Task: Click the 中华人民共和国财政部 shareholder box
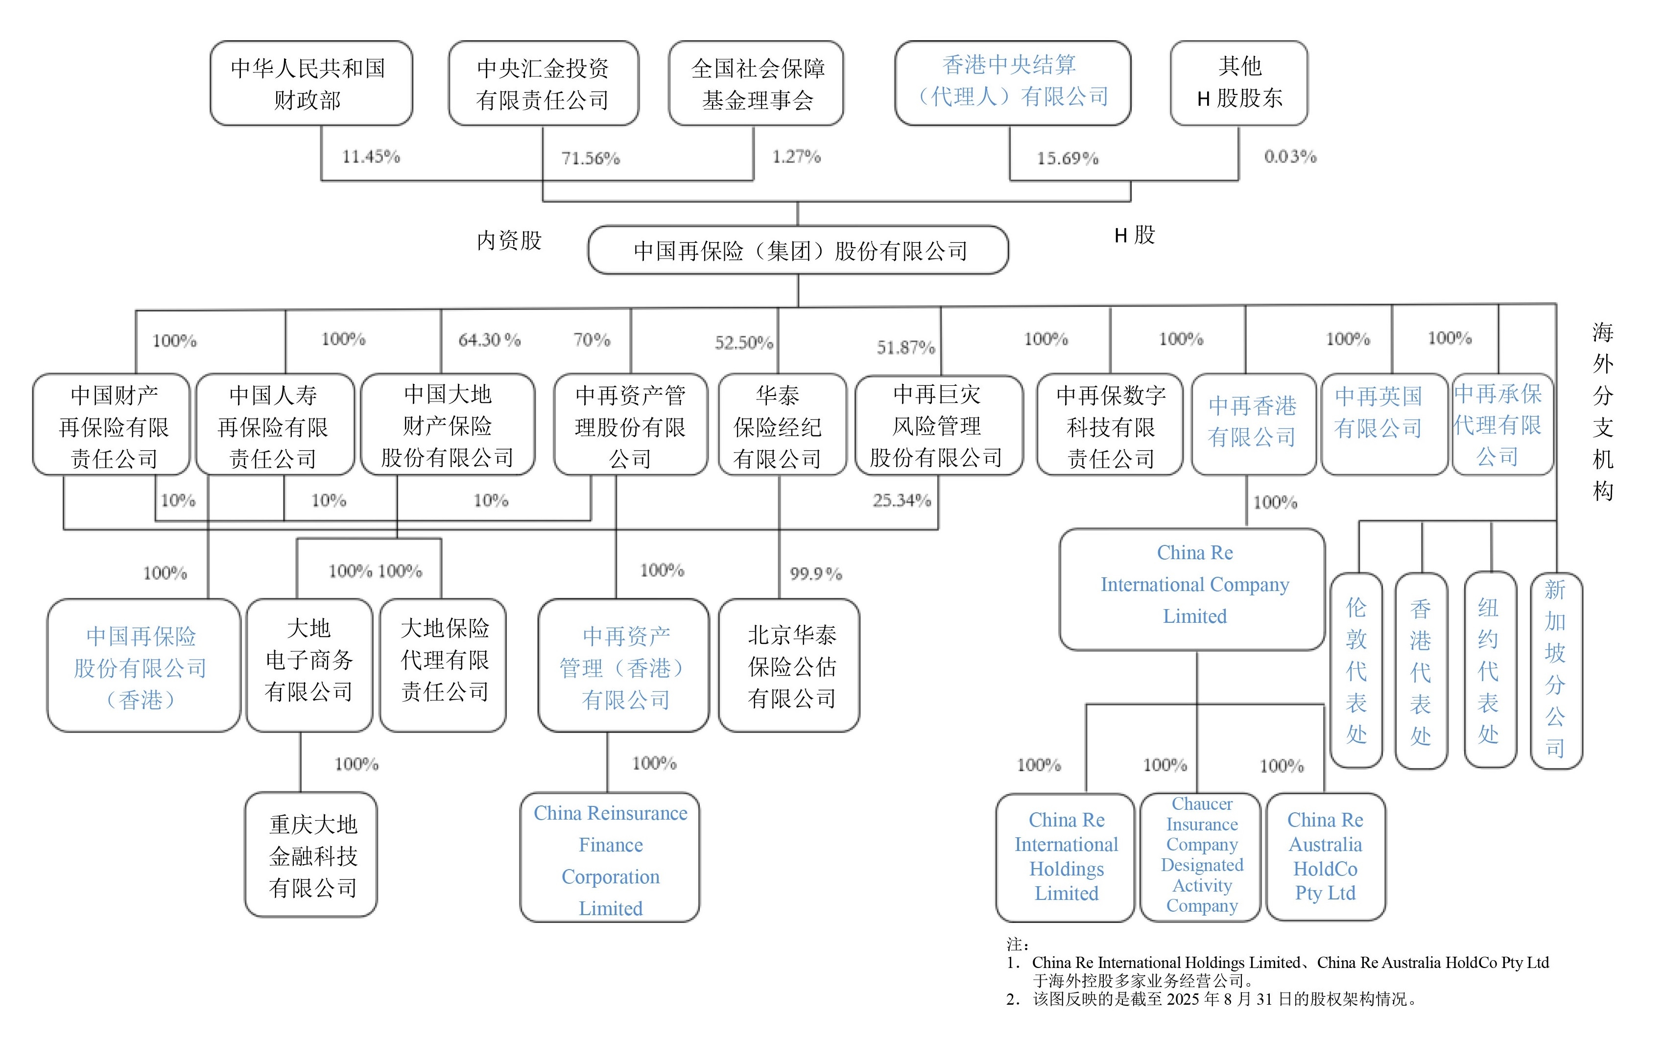pos(310,83)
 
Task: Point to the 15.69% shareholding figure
pos(1067,159)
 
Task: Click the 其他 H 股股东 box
pos(1238,83)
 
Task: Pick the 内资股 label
pos(509,240)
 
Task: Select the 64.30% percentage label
pos(489,340)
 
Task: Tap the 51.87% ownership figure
pos(905,347)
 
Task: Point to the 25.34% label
pos(901,500)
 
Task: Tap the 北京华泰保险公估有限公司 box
pos(789,665)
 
